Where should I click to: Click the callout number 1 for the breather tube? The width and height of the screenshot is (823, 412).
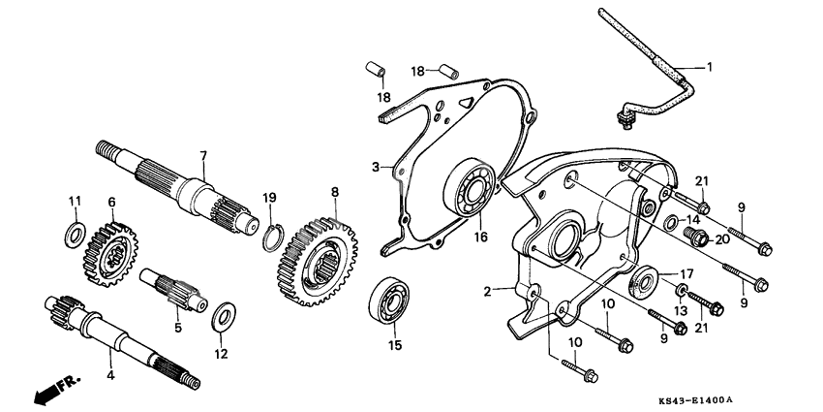[709, 67]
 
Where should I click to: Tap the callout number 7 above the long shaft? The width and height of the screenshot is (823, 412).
[203, 155]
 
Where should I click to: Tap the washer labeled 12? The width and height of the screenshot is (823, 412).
[222, 315]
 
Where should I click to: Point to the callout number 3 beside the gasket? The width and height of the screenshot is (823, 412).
[375, 168]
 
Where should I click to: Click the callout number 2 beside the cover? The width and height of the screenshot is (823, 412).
[490, 289]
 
